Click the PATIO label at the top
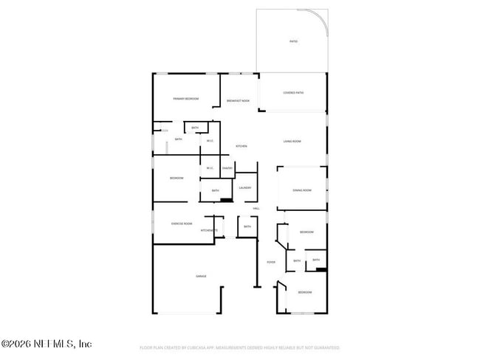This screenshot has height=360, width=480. point(293,41)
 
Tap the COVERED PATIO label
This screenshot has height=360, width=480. point(293,93)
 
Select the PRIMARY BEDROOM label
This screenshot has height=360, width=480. point(186,98)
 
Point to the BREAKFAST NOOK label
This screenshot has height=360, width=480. point(238,100)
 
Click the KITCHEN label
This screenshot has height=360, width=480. point(241,146)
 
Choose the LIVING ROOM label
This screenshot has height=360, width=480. point(292,141)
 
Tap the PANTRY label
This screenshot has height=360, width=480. point(227,167)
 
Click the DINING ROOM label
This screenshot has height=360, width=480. point(301,190)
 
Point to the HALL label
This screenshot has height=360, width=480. point(256,209)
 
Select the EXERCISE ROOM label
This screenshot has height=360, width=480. point(182,224)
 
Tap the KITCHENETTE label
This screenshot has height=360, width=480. point(209,230)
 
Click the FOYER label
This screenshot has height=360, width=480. point(271,262)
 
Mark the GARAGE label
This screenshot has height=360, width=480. point(200,276)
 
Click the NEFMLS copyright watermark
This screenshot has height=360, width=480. point(46,344)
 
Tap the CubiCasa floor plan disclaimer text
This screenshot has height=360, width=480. point(240,347)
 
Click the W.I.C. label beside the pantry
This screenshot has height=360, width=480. point(210,167)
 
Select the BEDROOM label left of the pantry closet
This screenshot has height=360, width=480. point(176,178)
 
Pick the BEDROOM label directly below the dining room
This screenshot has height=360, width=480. point(306,232)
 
